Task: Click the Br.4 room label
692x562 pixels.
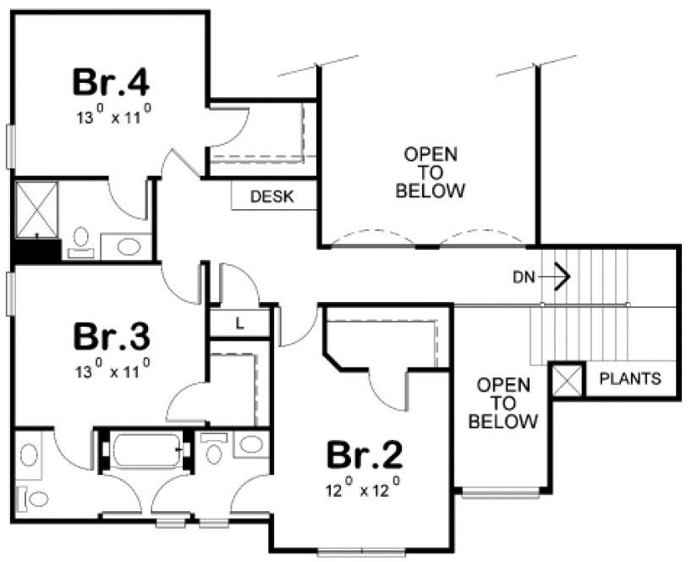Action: [111, 81]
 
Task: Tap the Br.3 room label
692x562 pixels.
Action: [111, 335]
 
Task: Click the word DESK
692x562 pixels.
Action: [272, 197]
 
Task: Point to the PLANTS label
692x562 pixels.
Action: [630, 378]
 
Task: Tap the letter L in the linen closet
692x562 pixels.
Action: [239, 322]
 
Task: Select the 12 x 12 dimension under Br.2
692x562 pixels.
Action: [362, 488]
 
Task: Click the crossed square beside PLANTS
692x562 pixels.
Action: [566, 379]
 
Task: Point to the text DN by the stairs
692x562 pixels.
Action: [522, 276]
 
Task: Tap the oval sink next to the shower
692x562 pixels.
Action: [128, 246]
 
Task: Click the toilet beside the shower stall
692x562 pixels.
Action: [81, 240]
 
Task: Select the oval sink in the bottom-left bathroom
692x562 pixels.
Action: [29, 455]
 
